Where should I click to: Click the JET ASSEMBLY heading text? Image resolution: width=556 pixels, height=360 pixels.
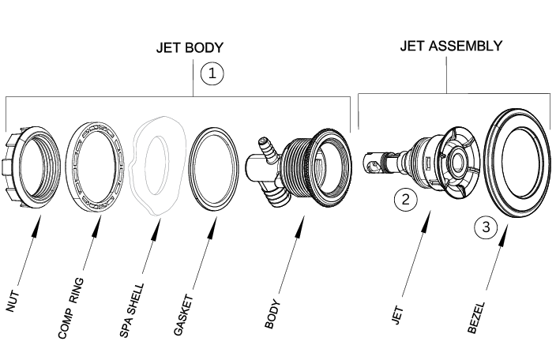[x=450, y=46]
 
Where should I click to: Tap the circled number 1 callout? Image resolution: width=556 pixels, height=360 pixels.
[x=212, y=73]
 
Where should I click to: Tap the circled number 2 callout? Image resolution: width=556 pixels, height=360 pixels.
[x=405, y=199]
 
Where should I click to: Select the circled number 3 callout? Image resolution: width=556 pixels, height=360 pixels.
[x=486, y=228]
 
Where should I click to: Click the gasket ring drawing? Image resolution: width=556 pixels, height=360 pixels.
[x=214, y=167]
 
